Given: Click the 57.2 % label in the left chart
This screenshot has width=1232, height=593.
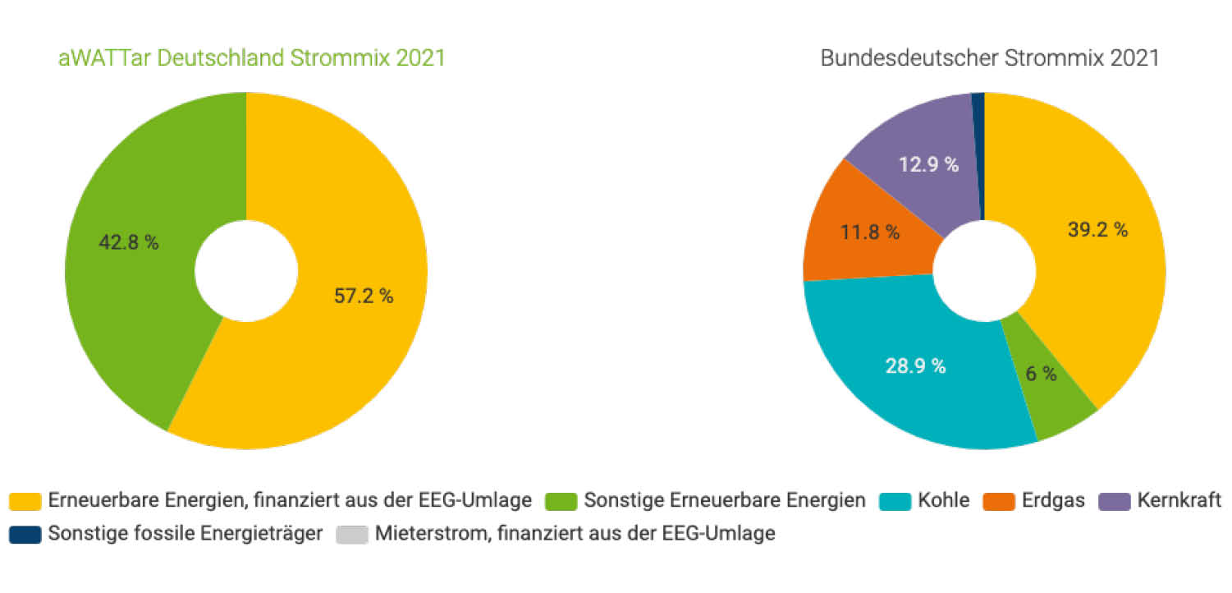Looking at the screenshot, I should (364, 296).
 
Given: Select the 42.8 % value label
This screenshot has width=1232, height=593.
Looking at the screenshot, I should (129, 243).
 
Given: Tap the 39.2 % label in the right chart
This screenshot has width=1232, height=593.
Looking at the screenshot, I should (1097, 230).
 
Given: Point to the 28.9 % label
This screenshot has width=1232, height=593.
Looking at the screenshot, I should (915, 366).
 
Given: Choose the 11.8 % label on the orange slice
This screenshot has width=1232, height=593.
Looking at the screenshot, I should (870, 232).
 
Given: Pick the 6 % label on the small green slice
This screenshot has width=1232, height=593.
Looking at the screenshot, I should (1041, 374).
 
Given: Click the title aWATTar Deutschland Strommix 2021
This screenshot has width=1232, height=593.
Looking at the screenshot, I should (252, 59).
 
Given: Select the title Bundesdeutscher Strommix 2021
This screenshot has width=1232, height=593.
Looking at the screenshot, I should (990, 59).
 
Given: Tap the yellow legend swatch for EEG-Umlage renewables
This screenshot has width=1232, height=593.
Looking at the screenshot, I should (25, 501).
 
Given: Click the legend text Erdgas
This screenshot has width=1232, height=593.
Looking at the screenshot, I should (1054, 500).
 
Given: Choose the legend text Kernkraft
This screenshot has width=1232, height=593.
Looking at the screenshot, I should (1179, 500).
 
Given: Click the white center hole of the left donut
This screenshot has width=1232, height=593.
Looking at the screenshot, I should (246, 270).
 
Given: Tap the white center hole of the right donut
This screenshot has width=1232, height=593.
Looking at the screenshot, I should (984, 271).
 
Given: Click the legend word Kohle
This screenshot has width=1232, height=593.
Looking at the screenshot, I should (944, 500).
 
